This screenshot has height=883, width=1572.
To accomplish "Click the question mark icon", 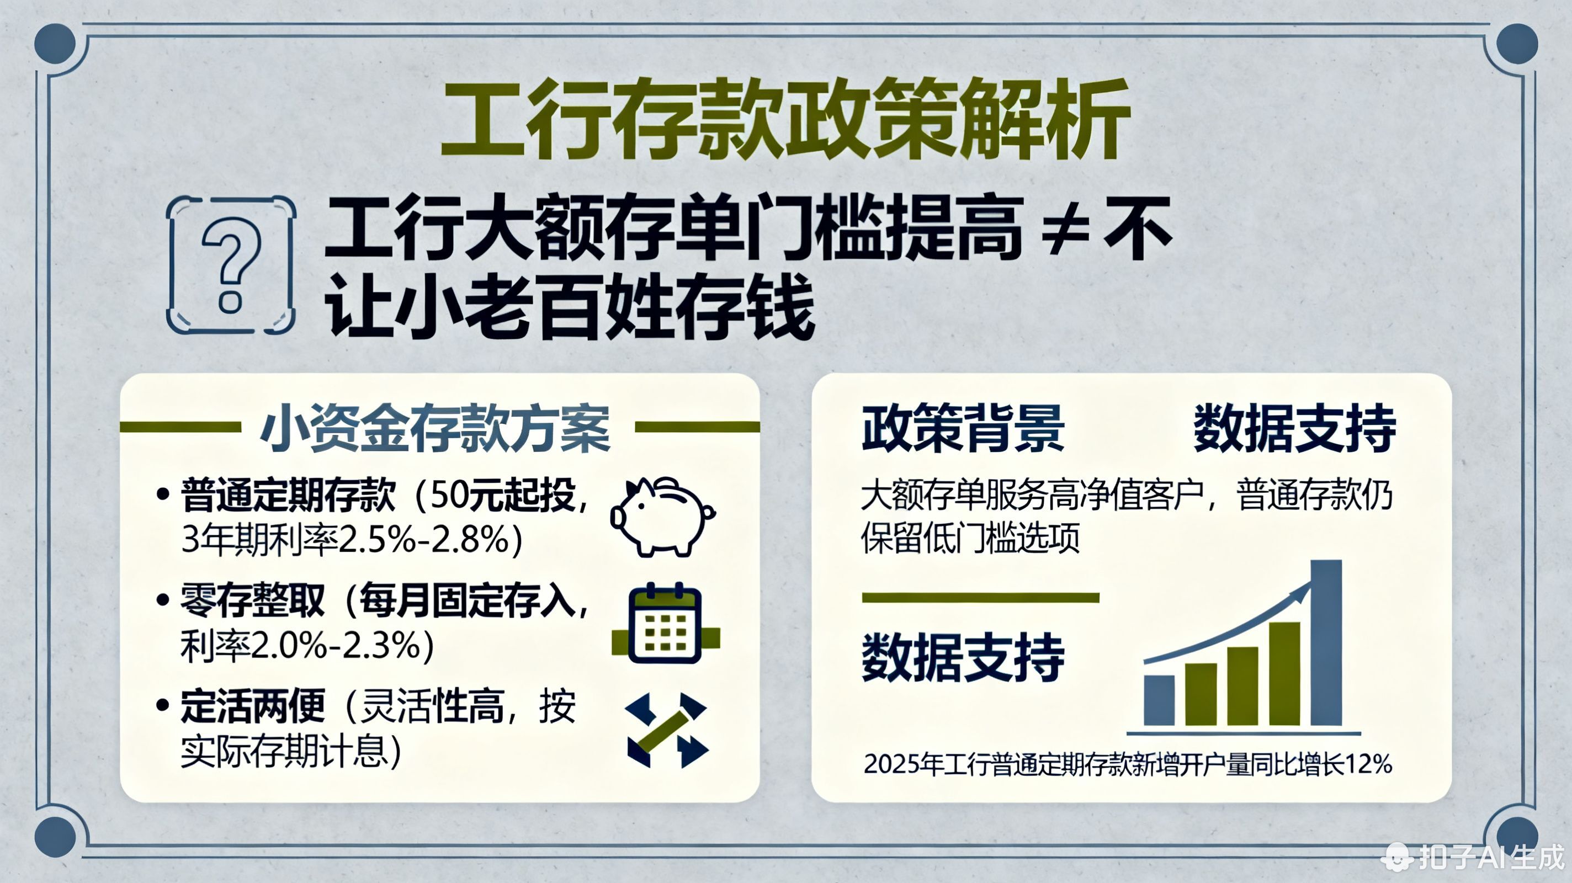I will (x=231, y=265).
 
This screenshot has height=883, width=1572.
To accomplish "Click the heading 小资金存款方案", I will (x=436, y=428).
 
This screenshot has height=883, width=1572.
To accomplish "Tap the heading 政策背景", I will (x=963, y=428).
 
